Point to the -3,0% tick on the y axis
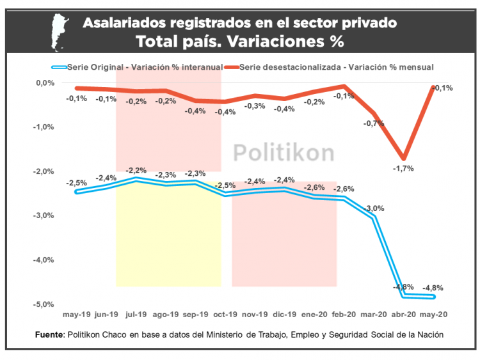(45, 215)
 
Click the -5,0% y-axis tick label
(45, 304)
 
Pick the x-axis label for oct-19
(225, 315)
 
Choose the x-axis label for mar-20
(374, 315)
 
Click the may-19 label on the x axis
(77, 315)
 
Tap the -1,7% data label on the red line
(404, 168)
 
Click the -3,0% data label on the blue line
(374, 208)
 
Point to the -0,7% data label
(374, 123)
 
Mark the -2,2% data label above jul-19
(136, 170)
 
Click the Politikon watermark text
(282, 153)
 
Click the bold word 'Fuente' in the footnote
(49, 334)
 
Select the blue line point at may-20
(433, 297)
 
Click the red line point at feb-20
(345, 86)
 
